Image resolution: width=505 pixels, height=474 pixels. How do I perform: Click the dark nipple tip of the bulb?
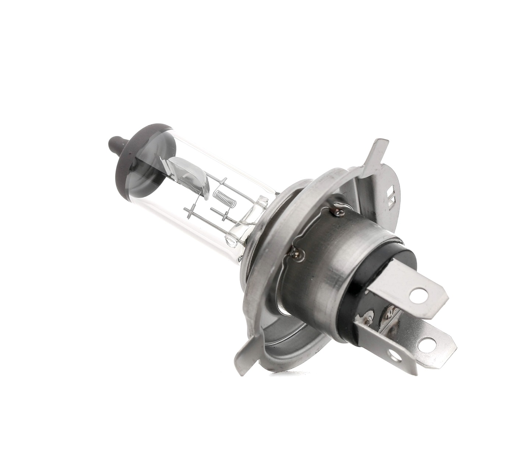[114, 142]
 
